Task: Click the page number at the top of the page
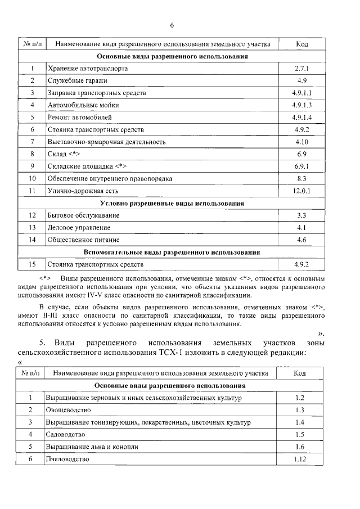click(x=172, y=24)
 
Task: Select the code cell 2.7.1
click(x=302, y=68)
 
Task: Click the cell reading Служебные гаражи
click(x=77, y=80)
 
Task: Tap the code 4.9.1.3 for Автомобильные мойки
click(x=302, y=105)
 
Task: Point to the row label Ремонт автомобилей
click(x=80, y=117)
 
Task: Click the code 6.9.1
click(x=302, y=166)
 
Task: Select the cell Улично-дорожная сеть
click(x=82, y=191)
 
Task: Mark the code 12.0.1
click(x=302, y=191)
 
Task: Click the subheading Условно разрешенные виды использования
click(x=172, y=203)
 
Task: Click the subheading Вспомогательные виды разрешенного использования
click(x=172, y=252)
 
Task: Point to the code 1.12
click(x=300, y=459)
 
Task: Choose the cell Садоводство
click(x=66, y=435)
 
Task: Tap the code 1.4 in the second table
click(x=300, y=422)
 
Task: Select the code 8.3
click(x=302, y=178)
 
